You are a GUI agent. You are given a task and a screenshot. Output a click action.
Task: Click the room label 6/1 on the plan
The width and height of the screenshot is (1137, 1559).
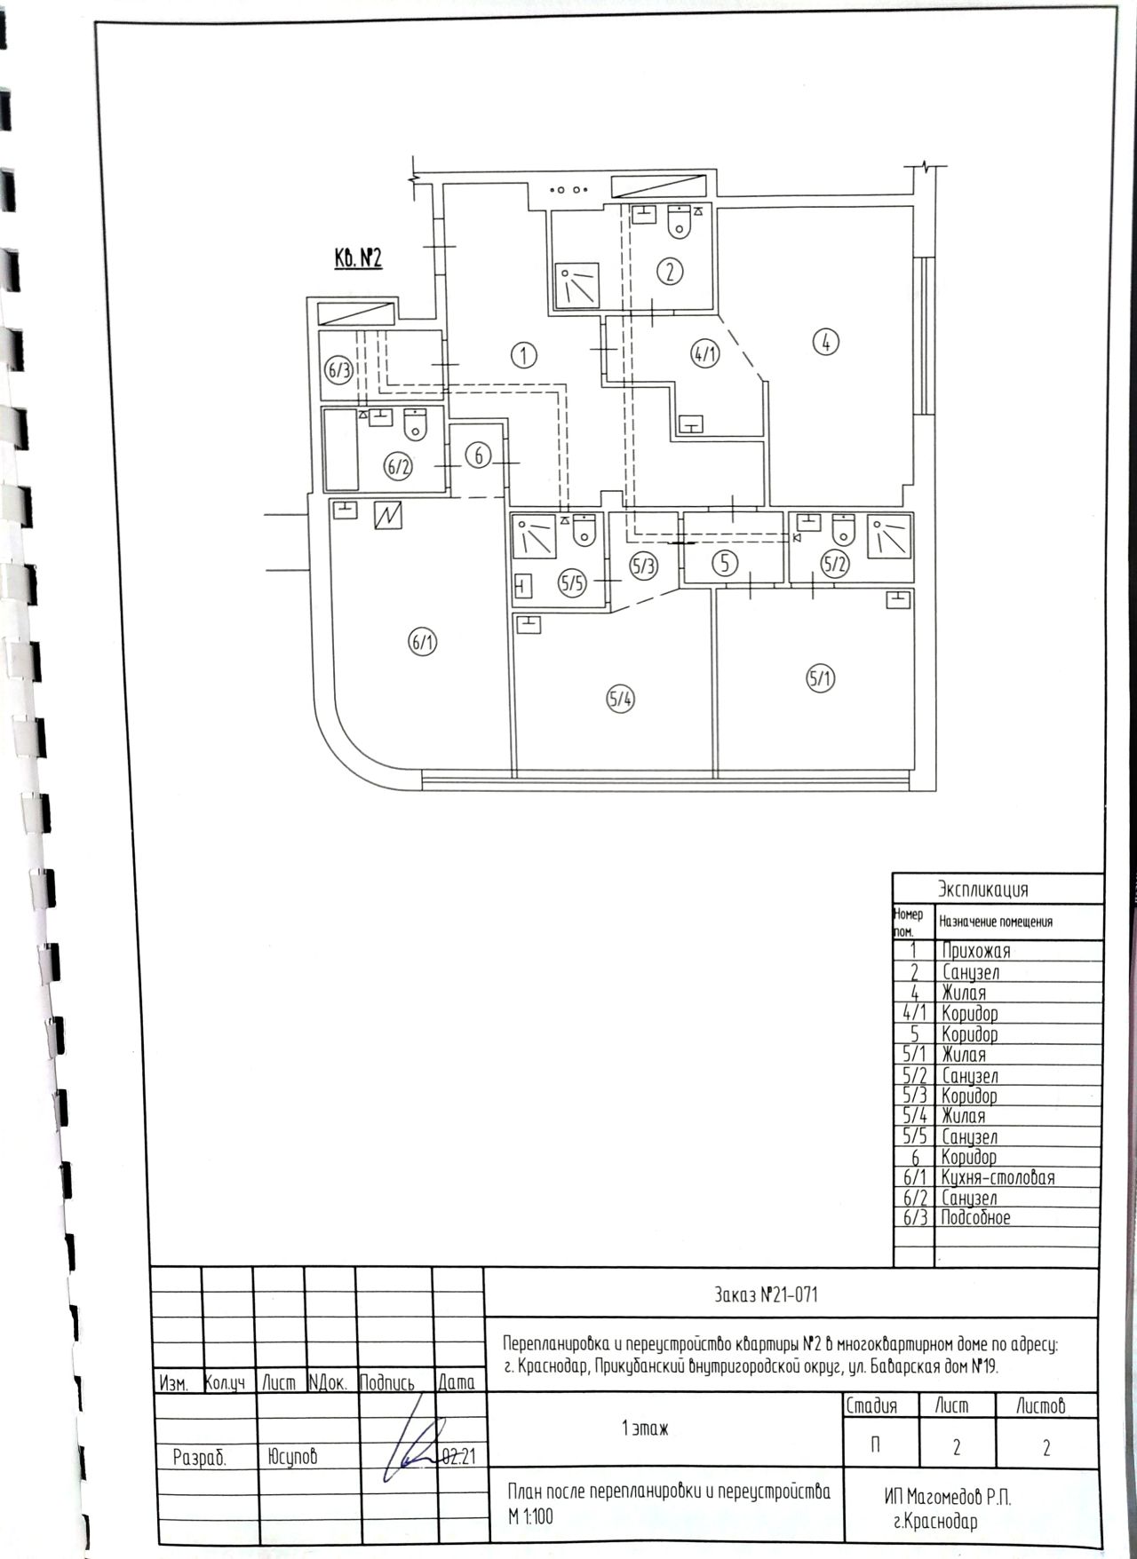coord(423,642)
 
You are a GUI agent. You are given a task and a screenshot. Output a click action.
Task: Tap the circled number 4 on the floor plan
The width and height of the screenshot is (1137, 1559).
coord(826,341)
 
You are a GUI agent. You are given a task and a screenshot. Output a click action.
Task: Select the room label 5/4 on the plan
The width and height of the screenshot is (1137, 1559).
coord(621,700)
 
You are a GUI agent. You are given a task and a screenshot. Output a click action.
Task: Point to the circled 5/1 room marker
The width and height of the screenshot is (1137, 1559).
coord(821,679)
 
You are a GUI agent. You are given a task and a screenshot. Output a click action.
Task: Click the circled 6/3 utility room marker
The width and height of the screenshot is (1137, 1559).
coord(338,371)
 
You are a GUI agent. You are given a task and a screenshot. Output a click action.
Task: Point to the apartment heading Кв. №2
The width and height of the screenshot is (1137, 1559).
coord(358,258)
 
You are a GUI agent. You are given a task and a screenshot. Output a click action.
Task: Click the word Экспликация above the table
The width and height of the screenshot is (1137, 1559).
coord(983,890)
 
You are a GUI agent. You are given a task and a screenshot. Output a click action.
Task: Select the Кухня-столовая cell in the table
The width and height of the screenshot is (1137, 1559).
coord(998,1177)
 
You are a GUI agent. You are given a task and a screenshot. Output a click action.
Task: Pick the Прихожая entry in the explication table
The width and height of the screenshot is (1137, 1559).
coord(975,951)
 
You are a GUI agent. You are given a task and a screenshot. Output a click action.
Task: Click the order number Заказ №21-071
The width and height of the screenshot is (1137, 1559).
coord(765,1295)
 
